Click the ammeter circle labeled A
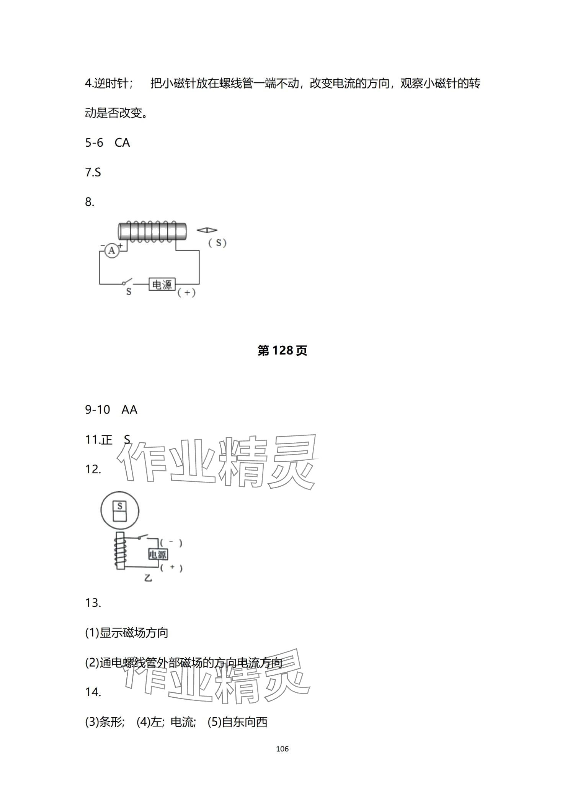pos(112,250)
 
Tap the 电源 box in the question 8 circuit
pos(162,284)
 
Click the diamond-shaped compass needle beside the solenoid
pos(207,230)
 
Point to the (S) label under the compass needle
pos(217,242)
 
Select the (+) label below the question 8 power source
pos(186,293)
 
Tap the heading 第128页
pos(282,350)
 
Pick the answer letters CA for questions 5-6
pos(122,143)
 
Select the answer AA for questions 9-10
pos(129,410)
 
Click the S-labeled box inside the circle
pos(120,506)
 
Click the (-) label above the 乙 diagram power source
pos(171,542)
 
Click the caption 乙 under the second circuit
pos(148,589)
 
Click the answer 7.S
pos(93,172)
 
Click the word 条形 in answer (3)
pos(111,722)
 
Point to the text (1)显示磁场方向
pos(127,633)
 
